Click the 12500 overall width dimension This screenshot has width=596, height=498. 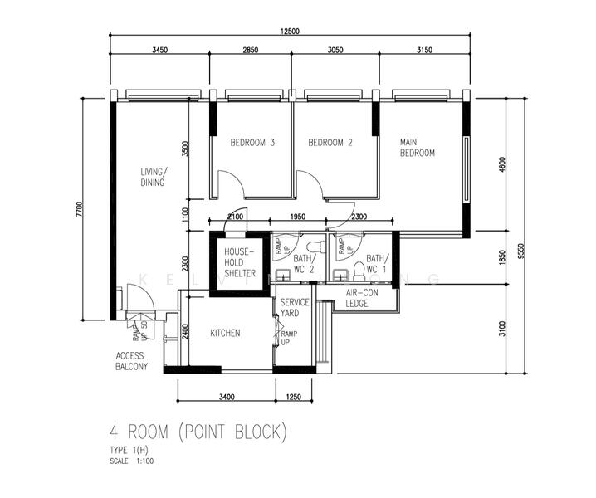(290, 31)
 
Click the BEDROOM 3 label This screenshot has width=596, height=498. (252, 143)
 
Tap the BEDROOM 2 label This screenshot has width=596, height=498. (330, 143)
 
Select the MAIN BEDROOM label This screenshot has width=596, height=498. (417, 147)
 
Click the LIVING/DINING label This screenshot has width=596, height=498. (153, 178)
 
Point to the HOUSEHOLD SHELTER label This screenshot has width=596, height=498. (239, 261)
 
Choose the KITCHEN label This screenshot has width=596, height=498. (225, 333)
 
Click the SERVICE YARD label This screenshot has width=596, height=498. (294, 308)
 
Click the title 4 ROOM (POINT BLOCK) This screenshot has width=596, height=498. (198, 432)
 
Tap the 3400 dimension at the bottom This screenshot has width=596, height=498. (226, 397)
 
